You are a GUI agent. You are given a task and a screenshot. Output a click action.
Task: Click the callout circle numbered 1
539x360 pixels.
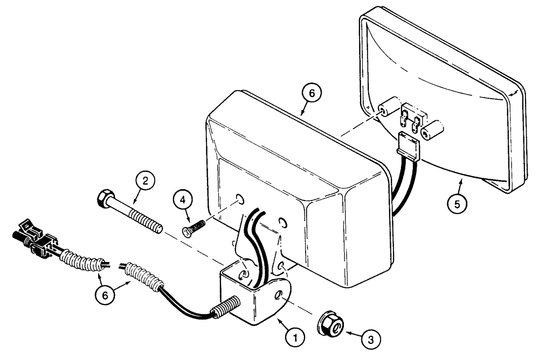pyautogui.click(x=294, y=337)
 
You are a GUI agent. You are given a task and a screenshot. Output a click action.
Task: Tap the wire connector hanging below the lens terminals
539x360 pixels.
pyautogui.click(x=409, y=144)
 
